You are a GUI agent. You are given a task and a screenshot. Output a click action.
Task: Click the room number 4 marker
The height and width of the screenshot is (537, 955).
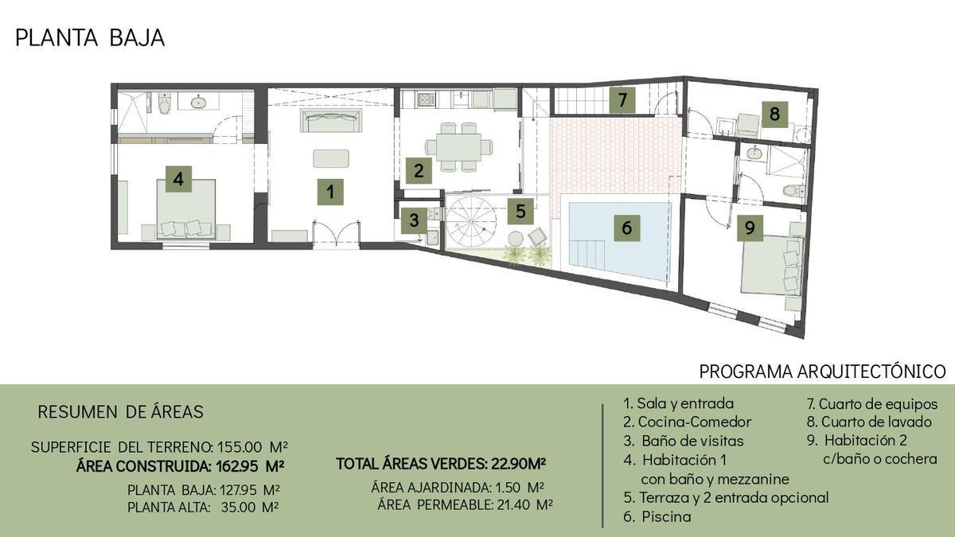[178, 179]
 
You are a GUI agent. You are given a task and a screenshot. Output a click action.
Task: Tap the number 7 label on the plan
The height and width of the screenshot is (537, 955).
[622, 100]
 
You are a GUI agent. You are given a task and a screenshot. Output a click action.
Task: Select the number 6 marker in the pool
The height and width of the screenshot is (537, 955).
[627, 228]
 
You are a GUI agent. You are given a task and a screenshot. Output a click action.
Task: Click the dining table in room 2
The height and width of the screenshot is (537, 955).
[458, 147]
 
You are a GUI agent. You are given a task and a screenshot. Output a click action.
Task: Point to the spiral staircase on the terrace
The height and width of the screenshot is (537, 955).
[471, 222]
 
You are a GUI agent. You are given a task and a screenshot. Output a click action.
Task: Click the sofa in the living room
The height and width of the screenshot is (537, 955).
[331, 120]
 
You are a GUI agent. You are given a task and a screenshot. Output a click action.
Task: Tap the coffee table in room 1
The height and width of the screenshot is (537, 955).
[331, 158]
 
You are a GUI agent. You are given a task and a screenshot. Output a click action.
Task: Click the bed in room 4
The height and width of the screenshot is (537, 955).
[186, 209]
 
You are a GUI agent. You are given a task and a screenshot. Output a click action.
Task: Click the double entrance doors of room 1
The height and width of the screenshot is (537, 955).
[336, 234]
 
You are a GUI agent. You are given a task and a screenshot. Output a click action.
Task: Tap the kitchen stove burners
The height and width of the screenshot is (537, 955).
[427, 100]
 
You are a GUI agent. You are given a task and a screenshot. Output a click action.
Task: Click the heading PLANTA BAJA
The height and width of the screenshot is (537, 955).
[90, 38]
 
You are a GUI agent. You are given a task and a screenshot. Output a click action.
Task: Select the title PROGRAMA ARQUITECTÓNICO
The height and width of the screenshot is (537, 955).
[822, 372]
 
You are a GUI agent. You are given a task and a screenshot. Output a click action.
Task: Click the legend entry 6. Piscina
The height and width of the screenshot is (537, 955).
[657, 516]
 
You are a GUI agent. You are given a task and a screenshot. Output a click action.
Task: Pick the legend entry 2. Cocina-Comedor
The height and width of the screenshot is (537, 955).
[687, 422]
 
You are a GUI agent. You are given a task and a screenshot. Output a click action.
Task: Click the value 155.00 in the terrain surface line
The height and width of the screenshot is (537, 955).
[240, 447]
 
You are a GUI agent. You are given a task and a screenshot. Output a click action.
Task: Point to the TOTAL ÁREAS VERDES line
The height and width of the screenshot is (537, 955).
[441, 464]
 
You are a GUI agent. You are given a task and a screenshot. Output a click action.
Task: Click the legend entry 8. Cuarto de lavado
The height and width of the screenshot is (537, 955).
[869, 422]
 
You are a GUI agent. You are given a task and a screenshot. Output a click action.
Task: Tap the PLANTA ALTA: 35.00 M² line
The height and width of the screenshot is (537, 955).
[203, 508]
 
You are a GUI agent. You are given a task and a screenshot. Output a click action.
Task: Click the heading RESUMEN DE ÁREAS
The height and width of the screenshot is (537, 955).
[121, 412]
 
